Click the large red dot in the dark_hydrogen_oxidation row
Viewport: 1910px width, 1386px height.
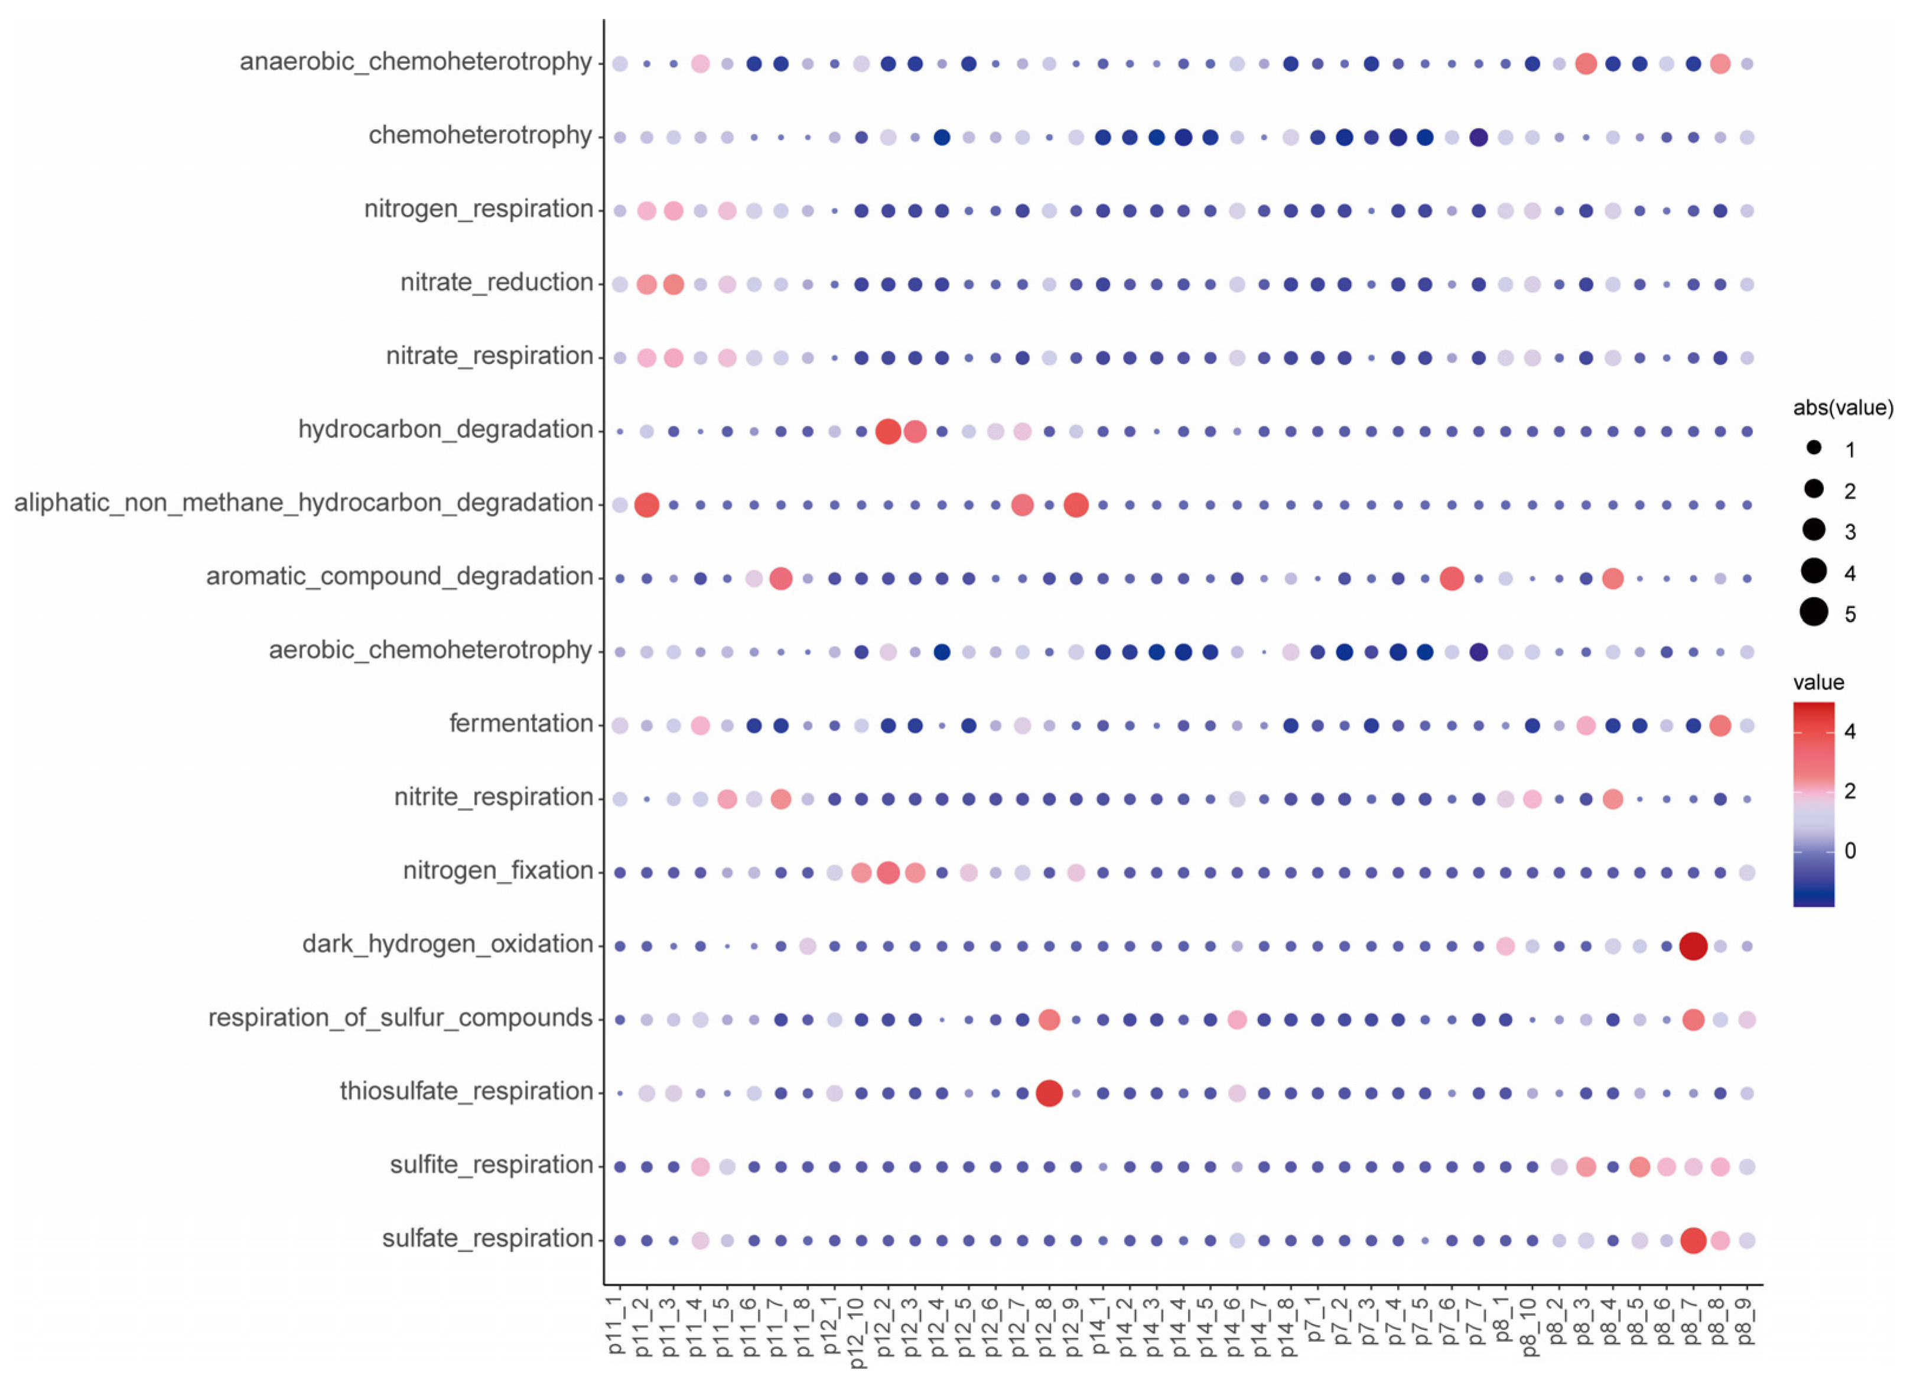(1693, 946)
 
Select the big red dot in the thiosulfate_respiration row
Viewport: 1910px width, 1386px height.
(1049, 1093)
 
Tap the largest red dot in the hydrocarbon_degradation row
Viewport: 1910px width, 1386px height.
(887, 431)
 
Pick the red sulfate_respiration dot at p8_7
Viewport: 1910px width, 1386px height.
(1693, 1240)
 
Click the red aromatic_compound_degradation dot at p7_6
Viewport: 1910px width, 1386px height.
(1451, 578)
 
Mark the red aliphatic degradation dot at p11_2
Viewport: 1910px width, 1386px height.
(646, 505)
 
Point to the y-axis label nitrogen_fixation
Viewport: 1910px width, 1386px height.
(497, 871)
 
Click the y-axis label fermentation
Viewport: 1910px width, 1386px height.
(520, 723)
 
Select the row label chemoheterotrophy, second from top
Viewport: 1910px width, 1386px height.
(480, 135)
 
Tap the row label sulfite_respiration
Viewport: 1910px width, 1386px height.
(491, 1166)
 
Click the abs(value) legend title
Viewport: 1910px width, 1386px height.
(1843, 408)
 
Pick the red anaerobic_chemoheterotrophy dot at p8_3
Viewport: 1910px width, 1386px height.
(1585, 63)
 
